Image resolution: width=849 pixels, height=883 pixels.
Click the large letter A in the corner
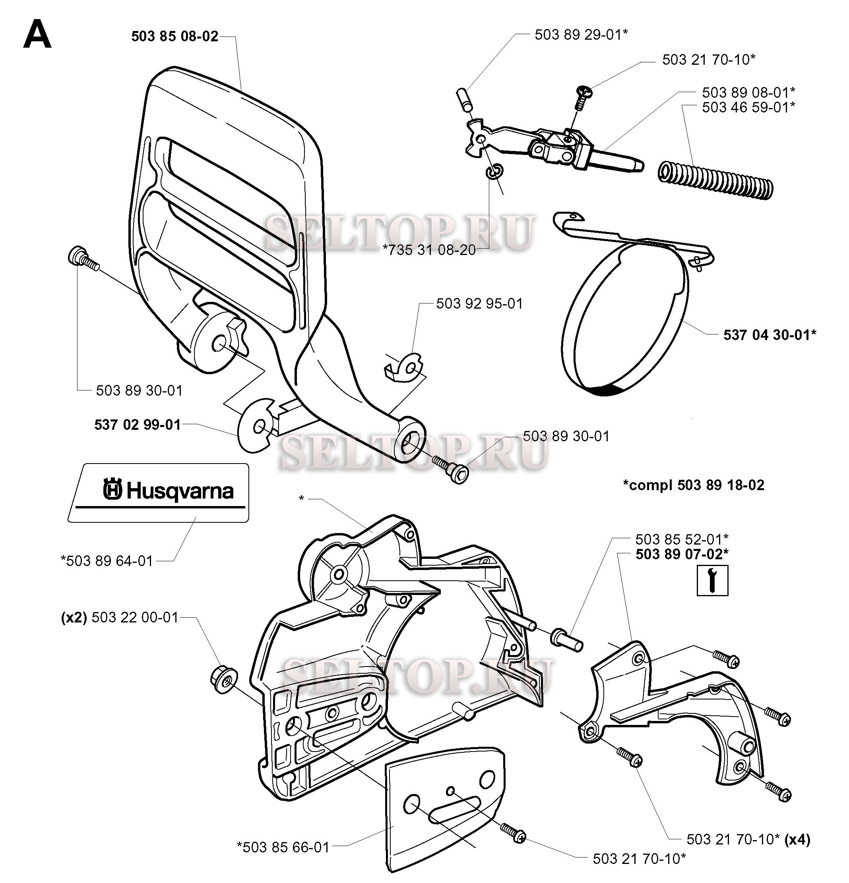point(37,36)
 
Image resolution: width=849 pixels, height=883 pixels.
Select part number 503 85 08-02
point(174,36)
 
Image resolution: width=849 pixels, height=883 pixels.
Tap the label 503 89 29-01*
point(581,35)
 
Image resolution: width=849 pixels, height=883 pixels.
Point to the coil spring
point(715,180)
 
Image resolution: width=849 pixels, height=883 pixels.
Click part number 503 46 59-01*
point(748,107)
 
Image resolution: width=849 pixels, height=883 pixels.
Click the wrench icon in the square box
point(712,581)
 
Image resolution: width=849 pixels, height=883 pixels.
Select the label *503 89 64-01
point(107,561)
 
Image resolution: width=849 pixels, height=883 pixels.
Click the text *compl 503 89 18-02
point(694,485)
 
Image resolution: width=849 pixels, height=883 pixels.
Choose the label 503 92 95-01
point(479,303)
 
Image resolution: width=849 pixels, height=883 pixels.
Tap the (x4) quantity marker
point(798,839)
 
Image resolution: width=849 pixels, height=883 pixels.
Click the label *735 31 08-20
point(429,249)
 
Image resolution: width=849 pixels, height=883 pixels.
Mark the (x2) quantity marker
point(74,617)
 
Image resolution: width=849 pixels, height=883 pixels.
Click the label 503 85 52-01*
point(682,539)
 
